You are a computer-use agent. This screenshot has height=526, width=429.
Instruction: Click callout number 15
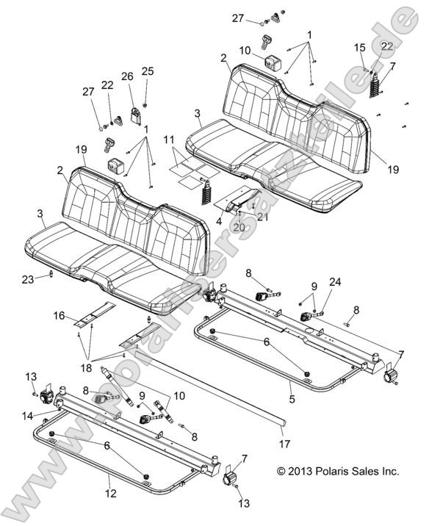pyautogui.click(x=360, y=47)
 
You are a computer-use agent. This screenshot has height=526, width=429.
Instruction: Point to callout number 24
pyautogui.click(x=335, y=281)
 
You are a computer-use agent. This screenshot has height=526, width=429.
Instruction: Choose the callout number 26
pyautogui.click(x=127, y=76)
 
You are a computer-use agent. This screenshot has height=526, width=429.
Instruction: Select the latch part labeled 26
pyautogui.click(x=135, y=114)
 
